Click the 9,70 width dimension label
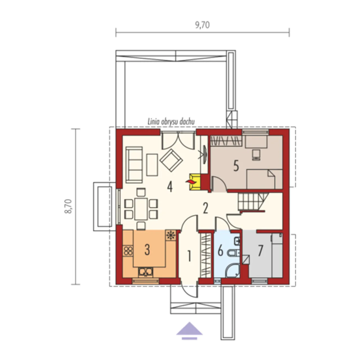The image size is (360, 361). click(x=202, y=25)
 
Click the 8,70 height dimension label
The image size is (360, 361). click(x=68, y=207)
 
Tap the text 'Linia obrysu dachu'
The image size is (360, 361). click(x=171, y=122)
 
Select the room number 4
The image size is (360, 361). click(x=170, y=187)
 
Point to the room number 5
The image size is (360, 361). click(x=236, y=166)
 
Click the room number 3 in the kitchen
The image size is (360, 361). click(x=147, y=250)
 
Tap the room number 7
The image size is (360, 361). click(x=260, y=251)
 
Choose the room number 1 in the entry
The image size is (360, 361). click(x=190, y=256)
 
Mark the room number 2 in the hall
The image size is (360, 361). click(x=206, y=208)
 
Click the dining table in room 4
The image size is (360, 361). click(x=141, y=209)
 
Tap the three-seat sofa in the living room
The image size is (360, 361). click(x=134, y=165)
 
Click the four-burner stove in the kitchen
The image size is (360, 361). click(x=128, y=251)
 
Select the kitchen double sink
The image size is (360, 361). click(x=145, y=272)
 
